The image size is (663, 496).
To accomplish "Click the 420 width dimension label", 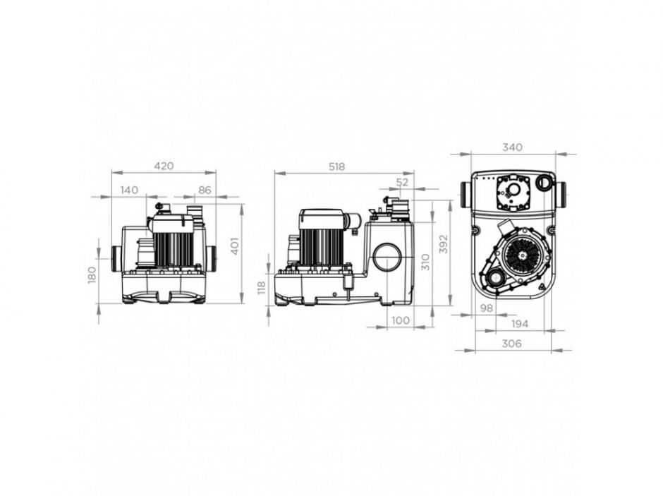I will coord(163,167).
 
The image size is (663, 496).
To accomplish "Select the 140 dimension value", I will coord(128,190).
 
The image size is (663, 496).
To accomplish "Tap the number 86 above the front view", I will coord(205,190).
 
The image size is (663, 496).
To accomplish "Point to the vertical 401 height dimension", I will coord(236,246).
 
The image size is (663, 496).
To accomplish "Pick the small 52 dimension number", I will coord(403,182).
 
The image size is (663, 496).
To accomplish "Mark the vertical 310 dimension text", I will coord(425,262).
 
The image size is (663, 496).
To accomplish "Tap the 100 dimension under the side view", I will coord(400,321).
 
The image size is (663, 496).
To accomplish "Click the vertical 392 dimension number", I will coord(443,244).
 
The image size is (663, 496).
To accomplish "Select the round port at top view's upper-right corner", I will coord(545,183).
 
